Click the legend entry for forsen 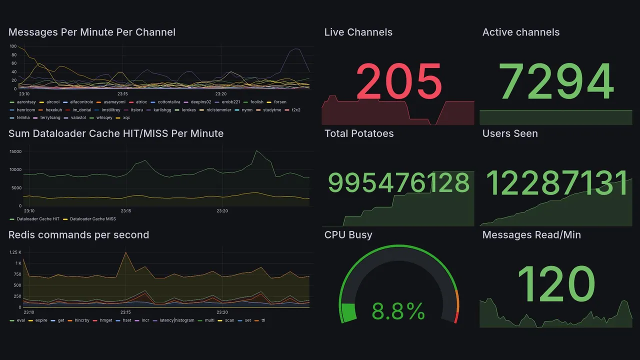pos(280,102)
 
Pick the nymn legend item pos(247,110)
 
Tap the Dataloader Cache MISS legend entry pos(92,219)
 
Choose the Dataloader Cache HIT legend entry pos(38,219)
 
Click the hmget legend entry pos(106,320)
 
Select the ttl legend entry pos(263,320)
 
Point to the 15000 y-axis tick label pos(14,151)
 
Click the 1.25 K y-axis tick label pos(15,252)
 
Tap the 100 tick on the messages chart pos(13,46)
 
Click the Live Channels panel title pos(358,32)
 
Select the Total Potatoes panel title pos(359,133)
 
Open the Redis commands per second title pos(78,235)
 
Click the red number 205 pos(398,81)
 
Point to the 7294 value pos(556,81)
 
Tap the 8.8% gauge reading pos(398,312)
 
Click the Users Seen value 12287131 pos(556,183)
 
